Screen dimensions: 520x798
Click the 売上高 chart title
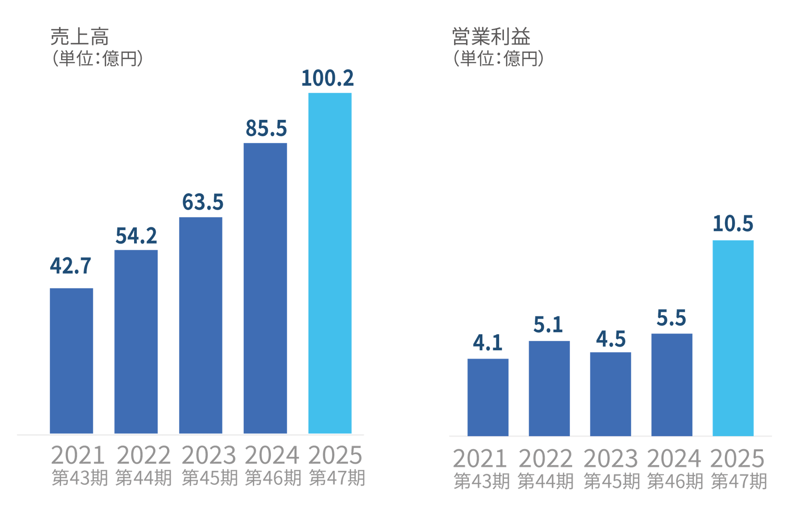coord(79,37)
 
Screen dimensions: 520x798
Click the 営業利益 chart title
coord(491,37)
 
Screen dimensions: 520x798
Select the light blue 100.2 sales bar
coord(330,263)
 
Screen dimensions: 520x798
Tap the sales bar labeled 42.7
coord(71,360)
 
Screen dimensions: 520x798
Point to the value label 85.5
coord(266,129)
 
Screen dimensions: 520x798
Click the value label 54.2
coord(136,236)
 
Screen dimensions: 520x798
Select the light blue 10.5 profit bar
coord(733,337)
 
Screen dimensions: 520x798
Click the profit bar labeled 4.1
coord(488,397)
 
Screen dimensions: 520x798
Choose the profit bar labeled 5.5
coord(672,384)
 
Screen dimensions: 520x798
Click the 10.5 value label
coord(733,223)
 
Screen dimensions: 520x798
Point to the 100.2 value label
coord(328,78)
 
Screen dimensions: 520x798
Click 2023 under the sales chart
coord(209,455)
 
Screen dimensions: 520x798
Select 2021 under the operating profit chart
coord(480,458)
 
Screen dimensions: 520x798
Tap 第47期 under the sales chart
coord(337,478)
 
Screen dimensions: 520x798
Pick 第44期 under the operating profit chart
coord(545,481)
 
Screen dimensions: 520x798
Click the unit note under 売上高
coord(97,59)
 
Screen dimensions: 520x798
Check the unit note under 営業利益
coord(498,59)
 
